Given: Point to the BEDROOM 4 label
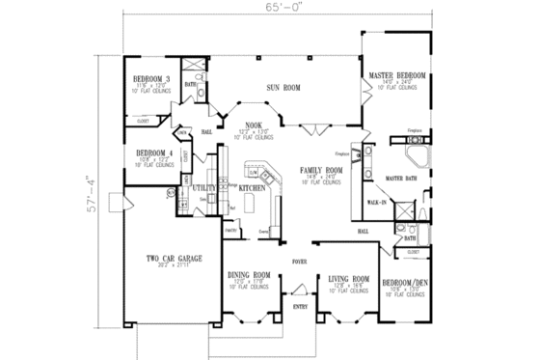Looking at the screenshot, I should (153, 153).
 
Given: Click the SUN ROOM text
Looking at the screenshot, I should (283, 88).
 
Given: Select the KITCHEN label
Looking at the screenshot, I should (252, 188).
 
